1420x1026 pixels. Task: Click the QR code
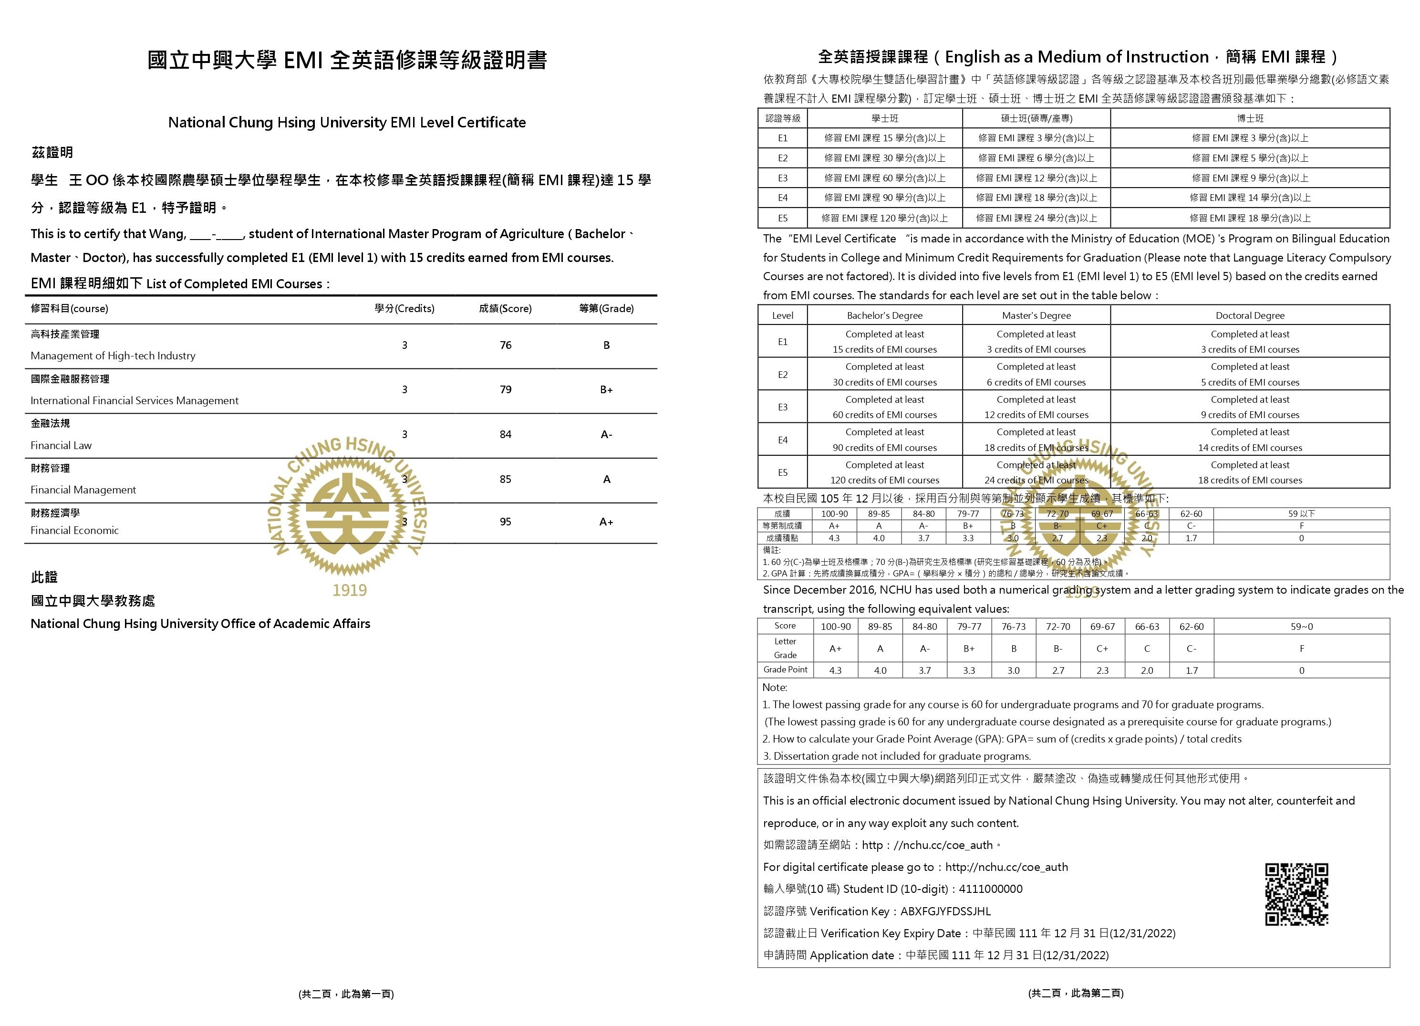point(1296,894)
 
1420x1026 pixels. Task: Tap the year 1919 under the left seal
point(349,590)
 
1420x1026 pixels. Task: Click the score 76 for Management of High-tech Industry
point(505,345)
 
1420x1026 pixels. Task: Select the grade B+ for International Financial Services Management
point(606,389)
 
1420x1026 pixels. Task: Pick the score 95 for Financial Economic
point(505,522)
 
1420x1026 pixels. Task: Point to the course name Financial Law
point(62,445)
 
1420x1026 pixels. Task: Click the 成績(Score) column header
point(505,308)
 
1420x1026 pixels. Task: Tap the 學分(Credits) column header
point(404,308)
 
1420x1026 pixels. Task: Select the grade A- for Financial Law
point(606,434)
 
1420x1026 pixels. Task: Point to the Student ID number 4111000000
point(991,889)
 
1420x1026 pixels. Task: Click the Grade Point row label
point(785,670)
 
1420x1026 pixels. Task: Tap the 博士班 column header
point(1250,118)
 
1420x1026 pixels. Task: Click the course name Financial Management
point(83,490)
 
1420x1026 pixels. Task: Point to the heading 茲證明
point(52,152)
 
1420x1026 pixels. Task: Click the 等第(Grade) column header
point(606,308)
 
